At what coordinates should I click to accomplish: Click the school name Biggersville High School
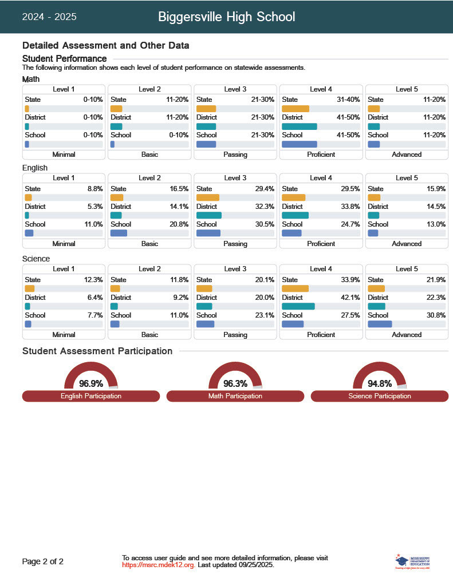pyautogui.click(x=226, y=17)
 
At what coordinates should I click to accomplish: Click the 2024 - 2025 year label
pyautogui.click(x=49, y=17)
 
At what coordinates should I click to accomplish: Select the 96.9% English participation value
pyautogui.click(x=91, y=383)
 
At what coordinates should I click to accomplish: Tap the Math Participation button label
pyautogui.click(x=235, y=396)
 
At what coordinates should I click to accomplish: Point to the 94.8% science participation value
pyautogui.click(x=380, y=383)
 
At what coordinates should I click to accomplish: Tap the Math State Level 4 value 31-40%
pyautogui.click(x=348, y=100)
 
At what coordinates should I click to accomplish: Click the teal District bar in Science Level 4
pyautogui.click(x=298, y=307)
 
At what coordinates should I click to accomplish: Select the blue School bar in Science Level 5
pyautogui.click(x=380, y=324)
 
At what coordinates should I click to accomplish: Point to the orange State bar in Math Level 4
pyautogui.click(x=296, y=109)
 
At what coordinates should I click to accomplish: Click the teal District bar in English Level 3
pyautogui.click(x=208, y=216)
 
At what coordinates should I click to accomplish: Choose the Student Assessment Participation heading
pyautogui.click(x=97, y=351)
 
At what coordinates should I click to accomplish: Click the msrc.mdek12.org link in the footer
pyautogui.click(x=159, y=565)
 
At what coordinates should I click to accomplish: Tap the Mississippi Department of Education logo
pyautogui.click(x=412, y=561)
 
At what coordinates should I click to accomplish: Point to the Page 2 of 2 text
pyautogui.click(x=43, y=561)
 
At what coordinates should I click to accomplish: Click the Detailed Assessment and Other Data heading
pyautogui.click(x=105, y=45)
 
